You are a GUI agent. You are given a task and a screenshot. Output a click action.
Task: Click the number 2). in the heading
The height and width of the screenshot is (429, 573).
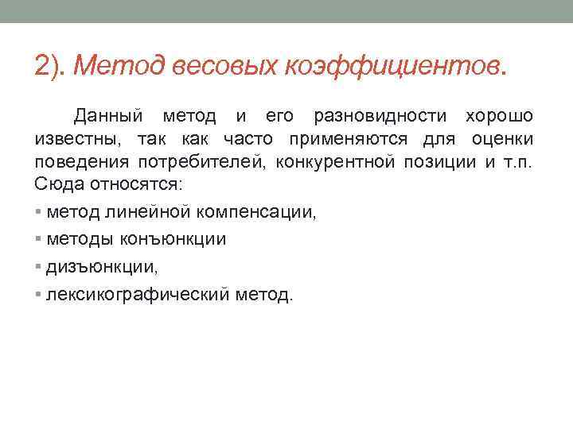pos(50,66)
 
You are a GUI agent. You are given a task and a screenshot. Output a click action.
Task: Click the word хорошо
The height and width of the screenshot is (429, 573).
pos(500,117)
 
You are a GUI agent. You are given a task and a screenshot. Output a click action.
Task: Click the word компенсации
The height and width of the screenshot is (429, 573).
pos(254,213)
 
